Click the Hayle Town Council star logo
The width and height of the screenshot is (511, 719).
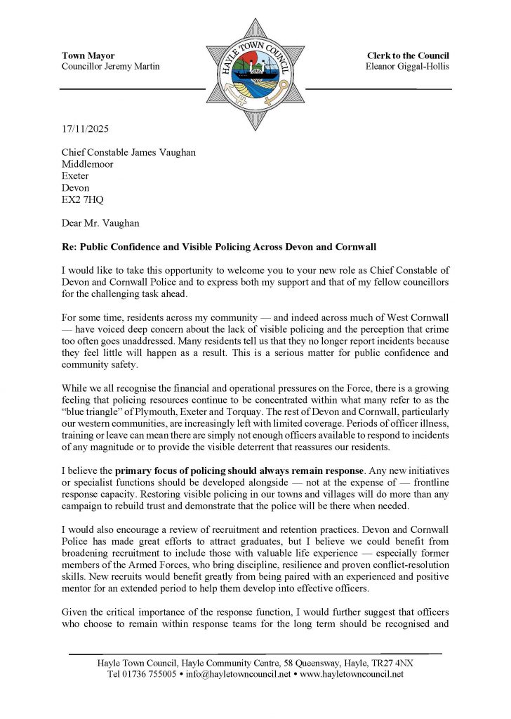point(255,74)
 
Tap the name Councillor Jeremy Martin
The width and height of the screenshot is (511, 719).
point(110,66)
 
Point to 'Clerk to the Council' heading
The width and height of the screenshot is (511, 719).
point(408,55)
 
